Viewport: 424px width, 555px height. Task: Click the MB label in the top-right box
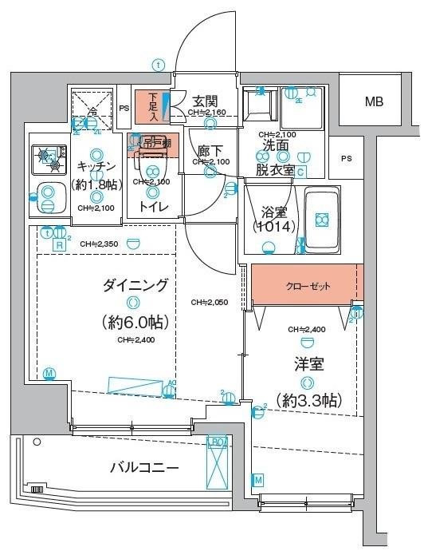click(x=373, y=102)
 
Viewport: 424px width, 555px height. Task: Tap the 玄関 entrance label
click(x=205, y=101)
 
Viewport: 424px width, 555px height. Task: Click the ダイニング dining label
click(x=134, y=284)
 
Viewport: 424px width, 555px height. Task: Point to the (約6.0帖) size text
click(x=133, y=322)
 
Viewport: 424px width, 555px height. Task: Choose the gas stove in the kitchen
click(x=49, y=159)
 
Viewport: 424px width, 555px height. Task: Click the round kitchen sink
click(x=49, y=194)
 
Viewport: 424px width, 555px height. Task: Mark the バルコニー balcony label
click(x=143, y=467)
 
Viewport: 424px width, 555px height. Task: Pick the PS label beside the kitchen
click(x=124, y=109)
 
